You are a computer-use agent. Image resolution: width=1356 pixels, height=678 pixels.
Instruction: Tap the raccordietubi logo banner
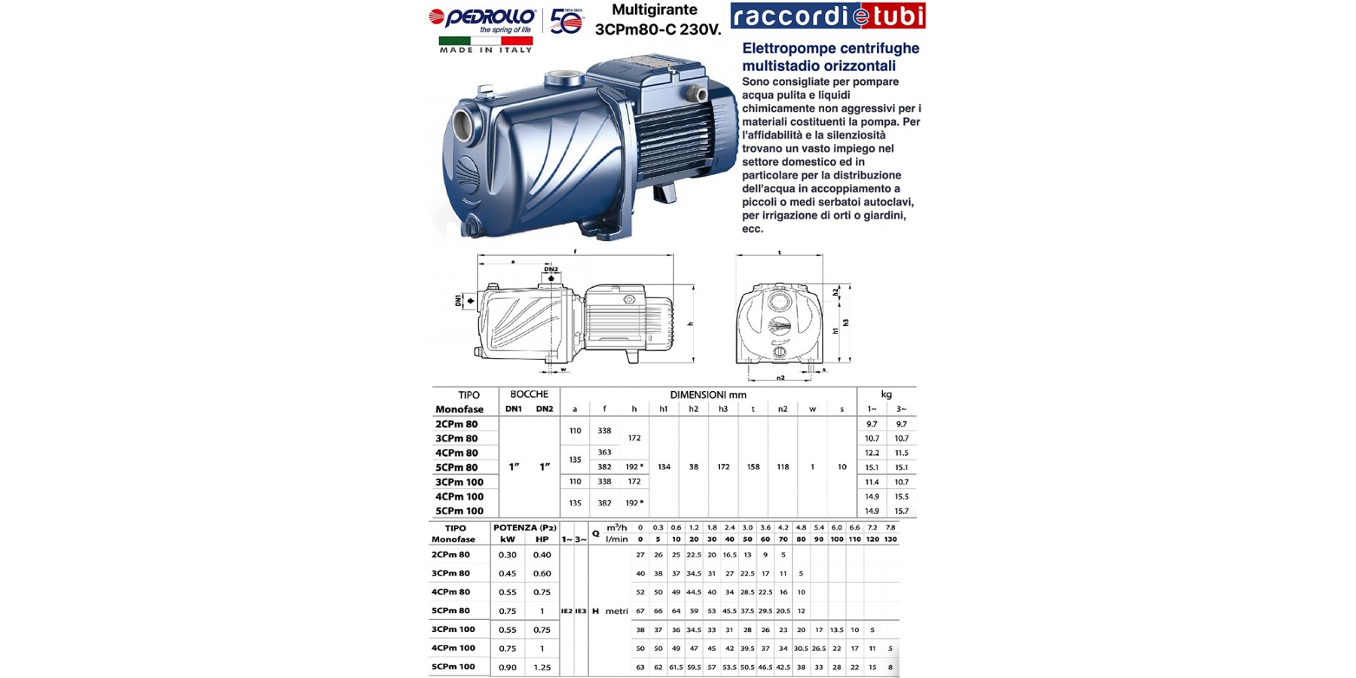click(827, 16)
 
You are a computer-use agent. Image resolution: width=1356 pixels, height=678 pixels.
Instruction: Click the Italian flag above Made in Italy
click(486, 41)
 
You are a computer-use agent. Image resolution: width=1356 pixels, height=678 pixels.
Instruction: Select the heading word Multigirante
click(654, 11)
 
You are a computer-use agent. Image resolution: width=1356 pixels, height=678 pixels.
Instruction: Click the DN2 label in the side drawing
click(551, 269)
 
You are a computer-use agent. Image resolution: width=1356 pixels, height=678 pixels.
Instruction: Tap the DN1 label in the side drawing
click(458, 301)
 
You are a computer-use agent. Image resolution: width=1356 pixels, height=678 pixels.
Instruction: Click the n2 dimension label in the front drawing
click(780, 377)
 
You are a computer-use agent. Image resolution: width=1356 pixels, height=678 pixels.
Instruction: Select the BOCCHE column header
click(529, 394)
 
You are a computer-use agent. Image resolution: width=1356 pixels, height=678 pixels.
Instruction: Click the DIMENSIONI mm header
click(708, 395)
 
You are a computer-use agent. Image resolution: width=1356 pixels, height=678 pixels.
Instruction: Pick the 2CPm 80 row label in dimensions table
click(457, 424)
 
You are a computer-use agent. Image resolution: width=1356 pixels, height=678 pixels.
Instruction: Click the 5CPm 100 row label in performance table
click(454, 667)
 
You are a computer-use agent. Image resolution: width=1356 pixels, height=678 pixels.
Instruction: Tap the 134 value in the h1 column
click(664, 467)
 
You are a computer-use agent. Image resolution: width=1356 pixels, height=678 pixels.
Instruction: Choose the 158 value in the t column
click(753, 467)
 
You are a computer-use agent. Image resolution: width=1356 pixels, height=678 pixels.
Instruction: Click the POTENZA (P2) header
click(525, 528)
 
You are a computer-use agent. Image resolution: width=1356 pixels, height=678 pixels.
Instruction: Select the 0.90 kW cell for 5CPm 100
click(508, 667)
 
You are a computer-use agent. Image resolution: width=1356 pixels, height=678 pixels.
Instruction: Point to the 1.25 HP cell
click(542, 667)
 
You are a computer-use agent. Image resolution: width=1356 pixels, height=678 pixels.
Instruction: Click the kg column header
click(886, 394)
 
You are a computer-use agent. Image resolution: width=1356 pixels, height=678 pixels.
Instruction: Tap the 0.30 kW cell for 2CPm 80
click(508, 555)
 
